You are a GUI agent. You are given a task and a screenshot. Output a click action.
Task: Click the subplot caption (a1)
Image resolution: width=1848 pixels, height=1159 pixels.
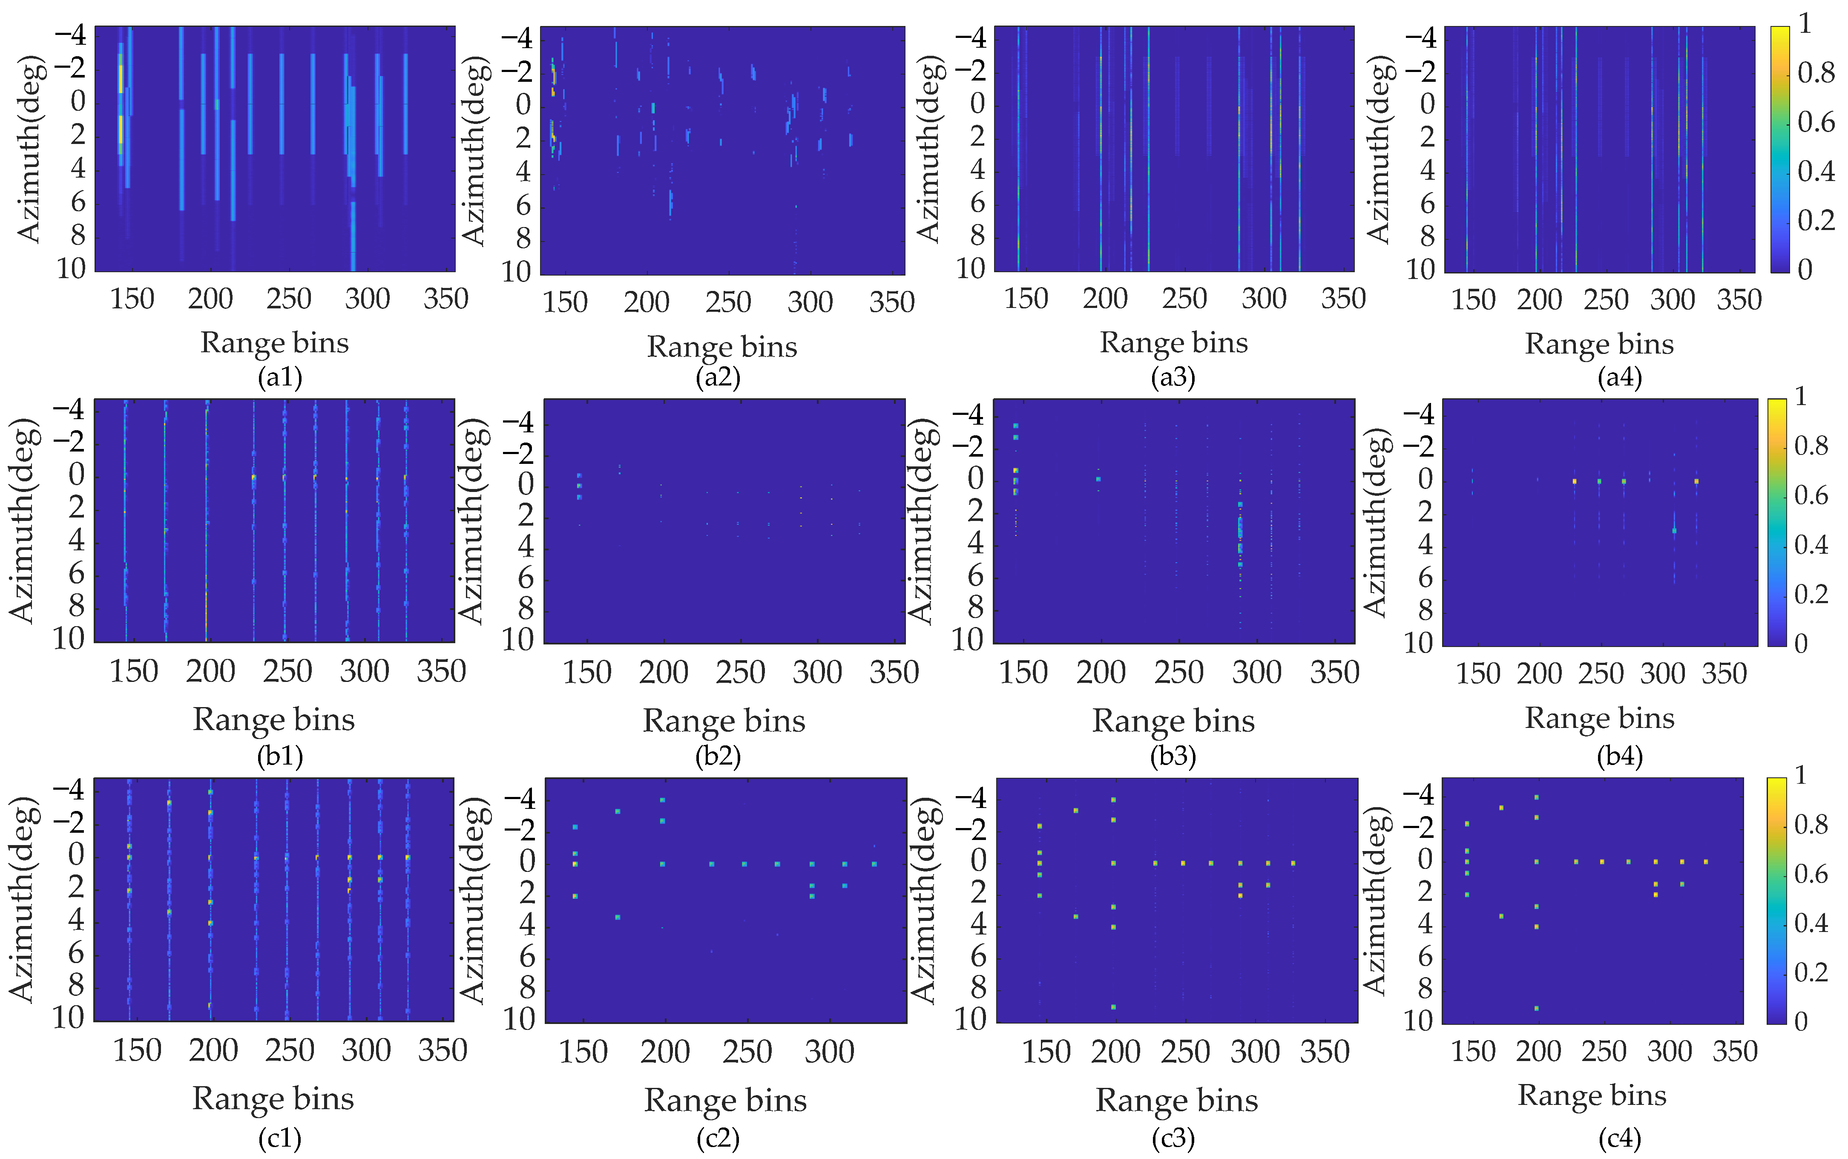click(280, 377)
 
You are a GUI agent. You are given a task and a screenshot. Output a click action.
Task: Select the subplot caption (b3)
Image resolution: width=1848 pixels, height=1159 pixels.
click(1173, 756)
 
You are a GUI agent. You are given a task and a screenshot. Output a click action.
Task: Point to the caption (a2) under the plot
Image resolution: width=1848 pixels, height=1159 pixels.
click(718, 377)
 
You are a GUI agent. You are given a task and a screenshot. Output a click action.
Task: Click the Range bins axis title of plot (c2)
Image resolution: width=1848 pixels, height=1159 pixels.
click(725, 1101)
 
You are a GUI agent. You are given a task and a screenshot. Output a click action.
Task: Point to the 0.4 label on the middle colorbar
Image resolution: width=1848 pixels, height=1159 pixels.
click(1811, 545)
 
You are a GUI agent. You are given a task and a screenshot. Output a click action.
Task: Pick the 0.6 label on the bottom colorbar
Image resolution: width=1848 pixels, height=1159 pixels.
click(1811, 874)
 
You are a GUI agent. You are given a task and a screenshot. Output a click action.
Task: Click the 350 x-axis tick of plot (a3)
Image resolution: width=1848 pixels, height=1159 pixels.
click(1343, 298)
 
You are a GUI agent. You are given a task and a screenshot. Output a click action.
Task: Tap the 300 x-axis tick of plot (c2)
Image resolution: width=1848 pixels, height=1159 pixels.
click(829, 1052)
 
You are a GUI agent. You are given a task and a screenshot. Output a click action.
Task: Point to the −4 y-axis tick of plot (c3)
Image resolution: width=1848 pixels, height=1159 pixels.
click(970, 797)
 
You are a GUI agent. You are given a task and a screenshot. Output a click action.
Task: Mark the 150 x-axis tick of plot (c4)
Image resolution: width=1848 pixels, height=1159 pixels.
click(1473, 1051)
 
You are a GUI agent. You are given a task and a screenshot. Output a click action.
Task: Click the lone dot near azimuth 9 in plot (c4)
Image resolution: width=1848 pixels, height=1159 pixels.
click(1537, 1008)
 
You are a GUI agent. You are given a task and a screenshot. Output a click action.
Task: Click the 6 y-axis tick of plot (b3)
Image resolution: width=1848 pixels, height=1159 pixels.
click(975, 576)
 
